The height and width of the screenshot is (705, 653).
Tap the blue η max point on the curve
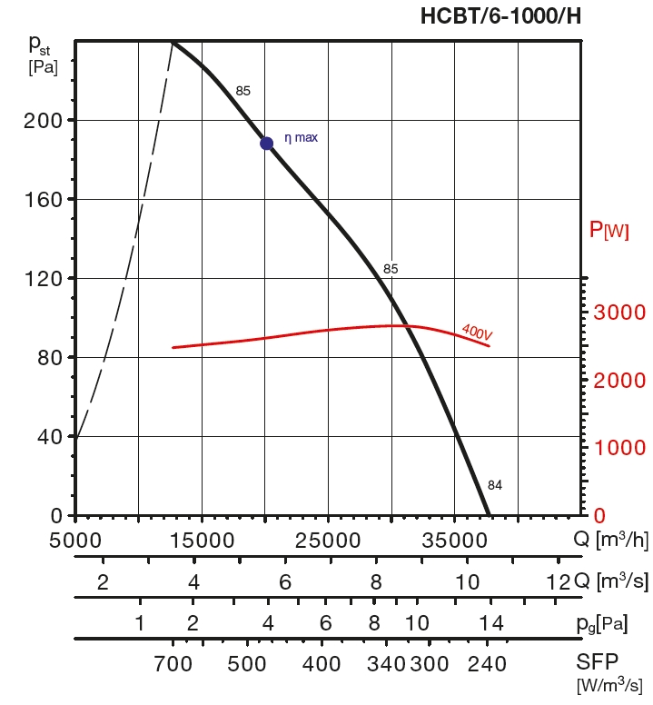[x=266, y=143]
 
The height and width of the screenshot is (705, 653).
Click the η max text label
[x=302, y=138]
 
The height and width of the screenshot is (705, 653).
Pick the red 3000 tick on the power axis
[x=619, y=313]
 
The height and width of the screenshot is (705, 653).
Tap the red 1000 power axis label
[x=619, y=448]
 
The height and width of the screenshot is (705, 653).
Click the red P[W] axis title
[x=608, y=230]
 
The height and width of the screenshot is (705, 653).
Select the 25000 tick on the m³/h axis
[x=328, y=540]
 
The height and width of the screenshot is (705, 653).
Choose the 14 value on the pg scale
[x=490, y=624]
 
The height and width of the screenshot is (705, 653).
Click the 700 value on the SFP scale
[x=173, y=664]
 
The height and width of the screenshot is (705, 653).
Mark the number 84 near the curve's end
[x=494, y=484]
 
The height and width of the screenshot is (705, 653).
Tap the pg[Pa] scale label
[x=601, y=624]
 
